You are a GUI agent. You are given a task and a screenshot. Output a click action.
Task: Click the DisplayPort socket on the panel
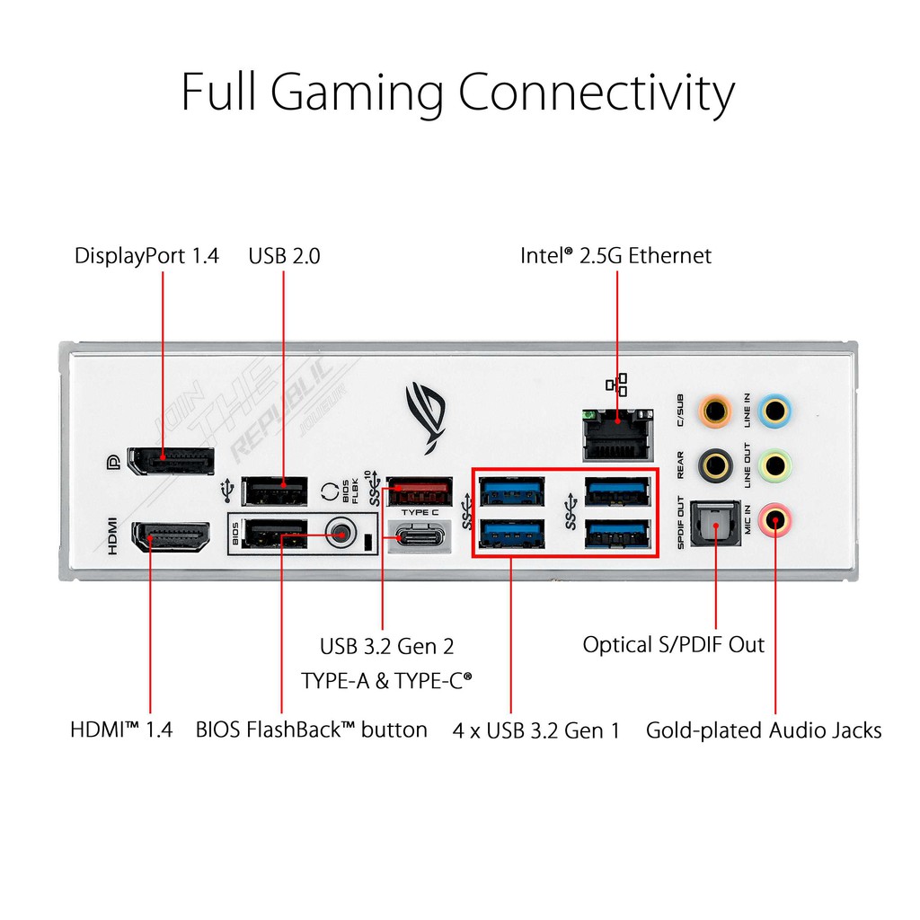[170, 461]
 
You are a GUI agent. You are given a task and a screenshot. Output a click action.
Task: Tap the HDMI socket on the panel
[171, 538]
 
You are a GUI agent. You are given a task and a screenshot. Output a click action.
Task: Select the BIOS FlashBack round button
[340, 533]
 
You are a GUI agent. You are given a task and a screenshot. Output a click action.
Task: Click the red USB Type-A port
[419, 493]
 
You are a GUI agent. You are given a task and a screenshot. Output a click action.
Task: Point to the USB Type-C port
[419, 538]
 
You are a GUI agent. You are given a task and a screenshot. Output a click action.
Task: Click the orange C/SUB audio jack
[715, 411]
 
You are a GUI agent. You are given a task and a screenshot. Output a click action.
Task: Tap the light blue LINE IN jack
[774, 411]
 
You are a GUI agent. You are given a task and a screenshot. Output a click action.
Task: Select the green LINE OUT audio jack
[774, 464]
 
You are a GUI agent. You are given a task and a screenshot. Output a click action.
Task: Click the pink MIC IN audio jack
[774, 518]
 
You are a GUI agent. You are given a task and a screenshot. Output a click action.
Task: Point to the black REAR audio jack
[715, 464]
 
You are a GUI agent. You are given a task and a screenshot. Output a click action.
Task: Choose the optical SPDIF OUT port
[715, 520]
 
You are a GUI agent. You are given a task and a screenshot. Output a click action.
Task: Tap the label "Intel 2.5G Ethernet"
[615, 256]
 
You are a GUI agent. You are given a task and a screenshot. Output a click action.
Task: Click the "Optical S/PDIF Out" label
[674, 644]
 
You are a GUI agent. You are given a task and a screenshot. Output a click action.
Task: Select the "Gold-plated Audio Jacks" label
[764, 730]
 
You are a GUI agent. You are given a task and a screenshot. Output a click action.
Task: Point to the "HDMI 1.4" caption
[121, 730]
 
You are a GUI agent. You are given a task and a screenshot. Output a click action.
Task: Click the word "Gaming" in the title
[357, 93]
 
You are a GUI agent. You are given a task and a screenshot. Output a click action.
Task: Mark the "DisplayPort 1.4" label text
[146, 256]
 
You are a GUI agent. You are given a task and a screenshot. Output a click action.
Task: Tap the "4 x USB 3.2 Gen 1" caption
[536, 730]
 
